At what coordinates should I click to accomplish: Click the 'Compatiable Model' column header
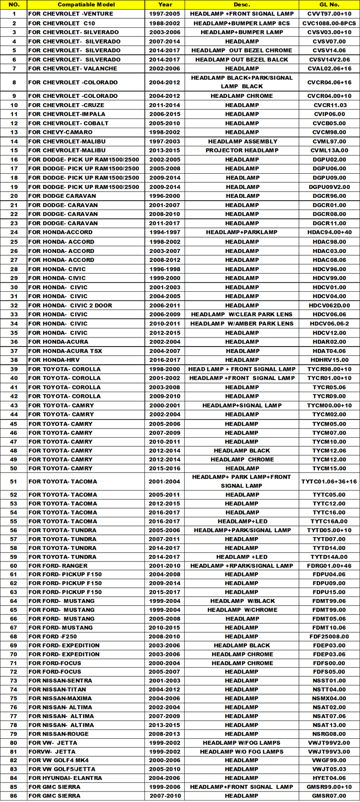(86, 4)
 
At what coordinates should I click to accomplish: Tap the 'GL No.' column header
(329, 4)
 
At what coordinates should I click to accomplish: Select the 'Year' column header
(165, 4)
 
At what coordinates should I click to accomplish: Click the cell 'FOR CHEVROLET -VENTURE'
(71, 14)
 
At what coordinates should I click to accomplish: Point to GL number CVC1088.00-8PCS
(329, 23)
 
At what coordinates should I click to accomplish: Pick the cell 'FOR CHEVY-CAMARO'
(60, 132)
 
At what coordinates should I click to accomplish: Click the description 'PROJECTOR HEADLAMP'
(242, 150)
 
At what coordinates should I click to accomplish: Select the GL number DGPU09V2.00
(329, 187)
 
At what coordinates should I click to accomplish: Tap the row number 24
(14, 232)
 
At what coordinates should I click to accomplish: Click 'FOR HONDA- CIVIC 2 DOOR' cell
(70, 305)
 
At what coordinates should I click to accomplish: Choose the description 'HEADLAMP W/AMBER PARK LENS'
(242, 323)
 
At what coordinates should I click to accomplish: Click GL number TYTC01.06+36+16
(329, 481)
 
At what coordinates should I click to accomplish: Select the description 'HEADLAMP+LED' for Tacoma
(242, 521)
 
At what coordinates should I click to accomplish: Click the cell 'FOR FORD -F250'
(52, 636)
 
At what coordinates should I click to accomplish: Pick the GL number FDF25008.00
(329, 636)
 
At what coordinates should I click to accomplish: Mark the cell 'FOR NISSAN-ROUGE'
(58, 734)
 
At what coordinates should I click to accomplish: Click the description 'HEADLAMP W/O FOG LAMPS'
(242, 752)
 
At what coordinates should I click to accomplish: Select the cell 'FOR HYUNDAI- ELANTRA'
(65, 778)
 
